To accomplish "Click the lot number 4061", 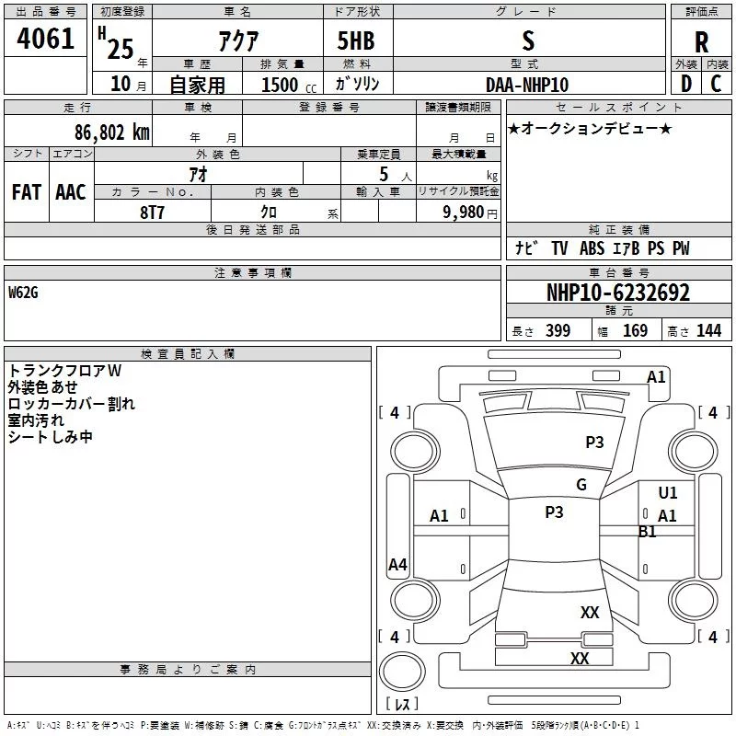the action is [x=45, y=39].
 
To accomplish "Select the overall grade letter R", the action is [x=701, y=42].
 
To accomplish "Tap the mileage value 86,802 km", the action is [x=112, y=132].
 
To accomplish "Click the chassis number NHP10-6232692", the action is [x=618, y=293].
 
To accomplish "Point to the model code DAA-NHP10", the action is [x=527, y=85].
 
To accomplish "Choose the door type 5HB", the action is [x=356, y=40].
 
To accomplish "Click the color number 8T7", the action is [x=152, y=213].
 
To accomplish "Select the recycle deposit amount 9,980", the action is [x=463, y=213].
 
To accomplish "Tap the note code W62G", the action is [x=23, y=293].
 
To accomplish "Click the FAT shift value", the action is [x=27, y=192].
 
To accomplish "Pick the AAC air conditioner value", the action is [x=71, y=192].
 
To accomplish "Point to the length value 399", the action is [x=558, y=330].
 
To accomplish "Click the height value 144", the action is [x=708, y=330].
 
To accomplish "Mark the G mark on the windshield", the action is [x=581, y=485].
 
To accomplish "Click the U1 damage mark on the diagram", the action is [x=668, y=492].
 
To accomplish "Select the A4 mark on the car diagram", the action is [x=397, y=564].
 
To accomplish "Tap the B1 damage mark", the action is [x=647, y=532].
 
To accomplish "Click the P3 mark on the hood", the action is [x=594, y=443].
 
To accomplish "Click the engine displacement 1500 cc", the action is [x=289, y=85].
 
